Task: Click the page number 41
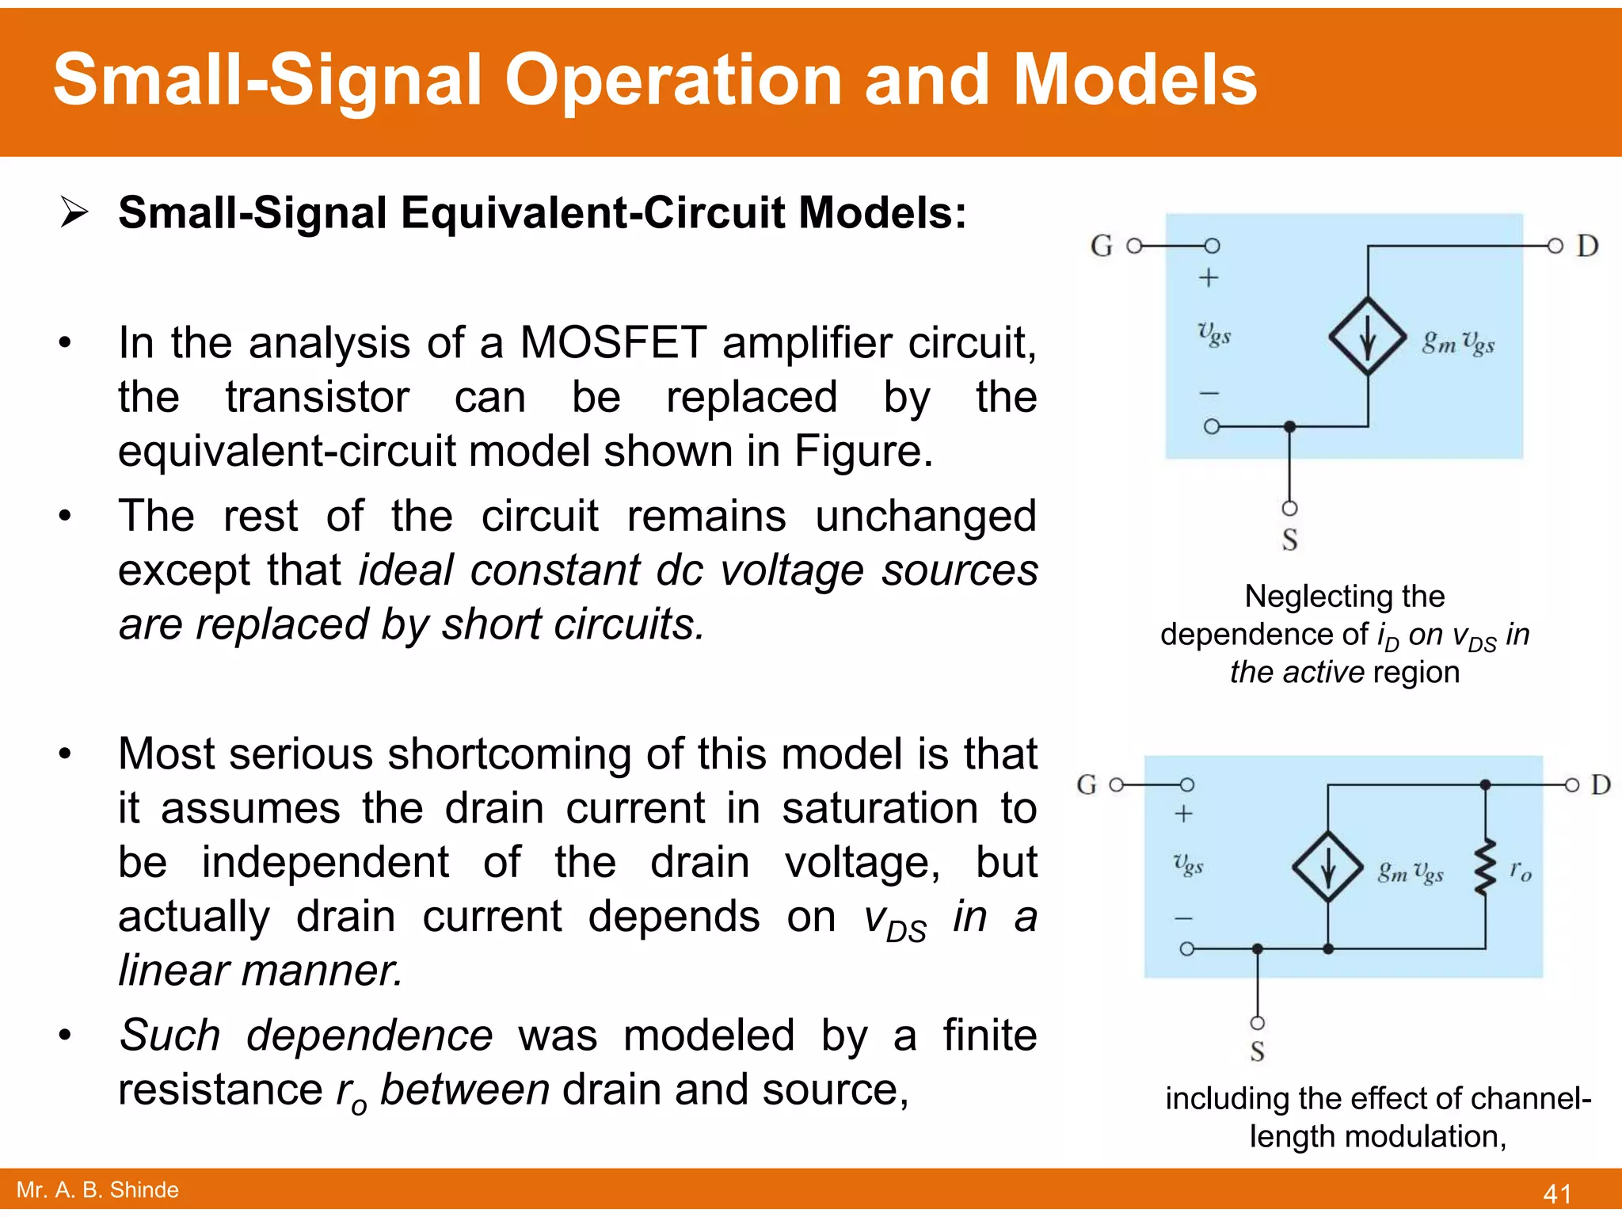(x=1557, y=1193)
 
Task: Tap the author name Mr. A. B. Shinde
(x=97, y=1189)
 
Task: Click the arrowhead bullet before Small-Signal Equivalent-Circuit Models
(x=74, y=212)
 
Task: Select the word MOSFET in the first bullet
(x=612, y=342)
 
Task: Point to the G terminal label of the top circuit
(x=1101, y=246)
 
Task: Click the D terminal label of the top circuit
(x=1586, y=246)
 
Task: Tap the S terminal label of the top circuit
(x=1289, y=540)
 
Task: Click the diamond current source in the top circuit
(x=1368, y=336)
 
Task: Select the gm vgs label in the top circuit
(x=1458, y=342)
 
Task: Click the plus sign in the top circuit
(x=1209, y=278)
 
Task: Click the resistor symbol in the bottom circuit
(x=1485, y=868)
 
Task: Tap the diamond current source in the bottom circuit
(x=1328, y=867)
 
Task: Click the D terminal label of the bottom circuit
(x=1601, y=784)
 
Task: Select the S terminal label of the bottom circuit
(x=1257, y=1051)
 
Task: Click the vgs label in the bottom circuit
(x=1188, y=864)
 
